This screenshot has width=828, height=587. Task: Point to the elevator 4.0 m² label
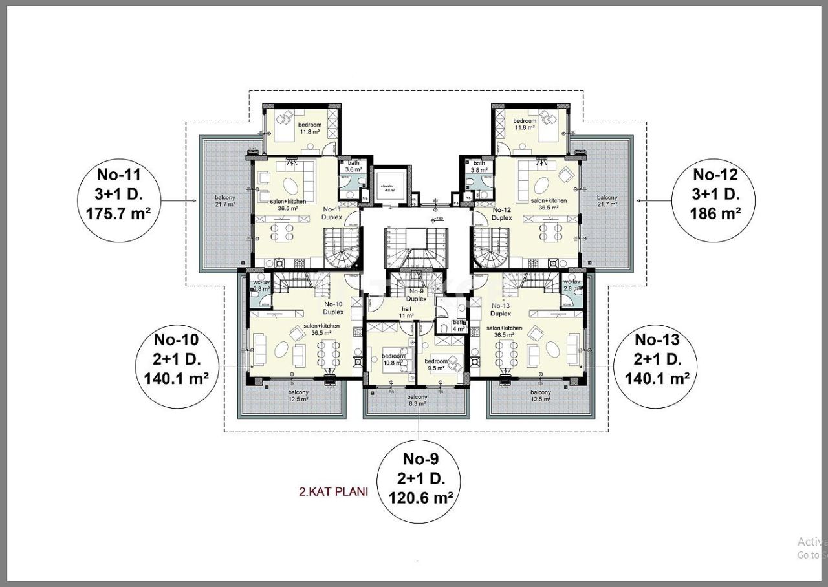(388, 187)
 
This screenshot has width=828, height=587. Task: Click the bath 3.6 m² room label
(353, 166)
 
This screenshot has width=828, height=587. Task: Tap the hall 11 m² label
(406, 312)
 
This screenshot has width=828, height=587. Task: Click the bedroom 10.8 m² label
(393, 359)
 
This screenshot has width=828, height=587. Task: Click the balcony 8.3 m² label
(417, 400)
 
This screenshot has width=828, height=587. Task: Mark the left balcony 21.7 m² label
(225, 200)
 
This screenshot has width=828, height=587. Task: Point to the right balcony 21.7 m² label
(607, 200)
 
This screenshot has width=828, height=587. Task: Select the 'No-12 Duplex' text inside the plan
(502, 214)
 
